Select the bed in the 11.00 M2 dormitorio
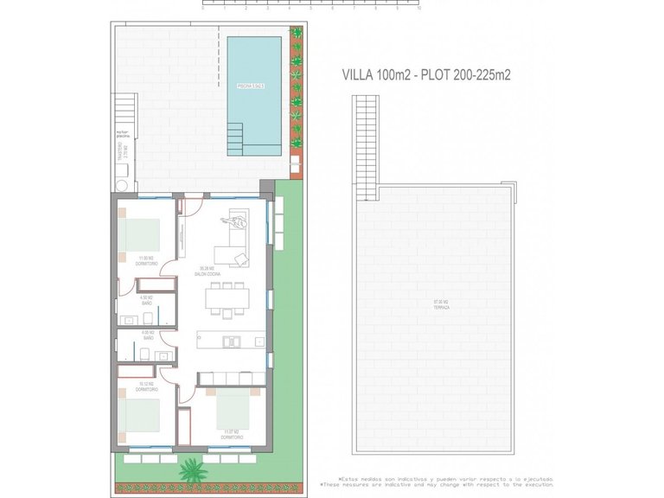click(142, 233)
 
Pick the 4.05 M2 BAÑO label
click(146, 335)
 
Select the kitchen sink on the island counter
click(232, 341)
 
